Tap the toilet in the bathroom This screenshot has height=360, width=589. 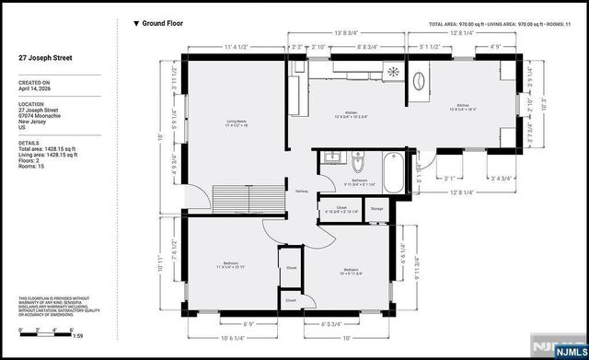pos(358,167)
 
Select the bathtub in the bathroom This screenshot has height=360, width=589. pos(391,171)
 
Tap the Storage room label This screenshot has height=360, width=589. pos(377,210)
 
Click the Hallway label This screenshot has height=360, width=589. pos(301,192)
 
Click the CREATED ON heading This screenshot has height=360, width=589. pos(34,82)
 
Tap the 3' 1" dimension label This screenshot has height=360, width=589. pos(450,179)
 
